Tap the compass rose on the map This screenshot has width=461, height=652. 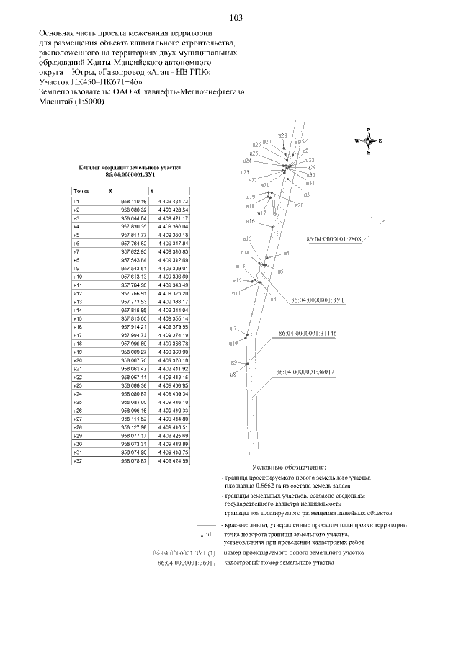(x=369, y=140)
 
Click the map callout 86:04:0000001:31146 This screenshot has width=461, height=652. (x=308, y=334)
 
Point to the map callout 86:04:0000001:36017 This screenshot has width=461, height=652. (x=305, y=372)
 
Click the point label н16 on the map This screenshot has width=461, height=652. (x=250, y=220)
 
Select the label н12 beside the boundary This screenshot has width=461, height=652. (x=237, y=280)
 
